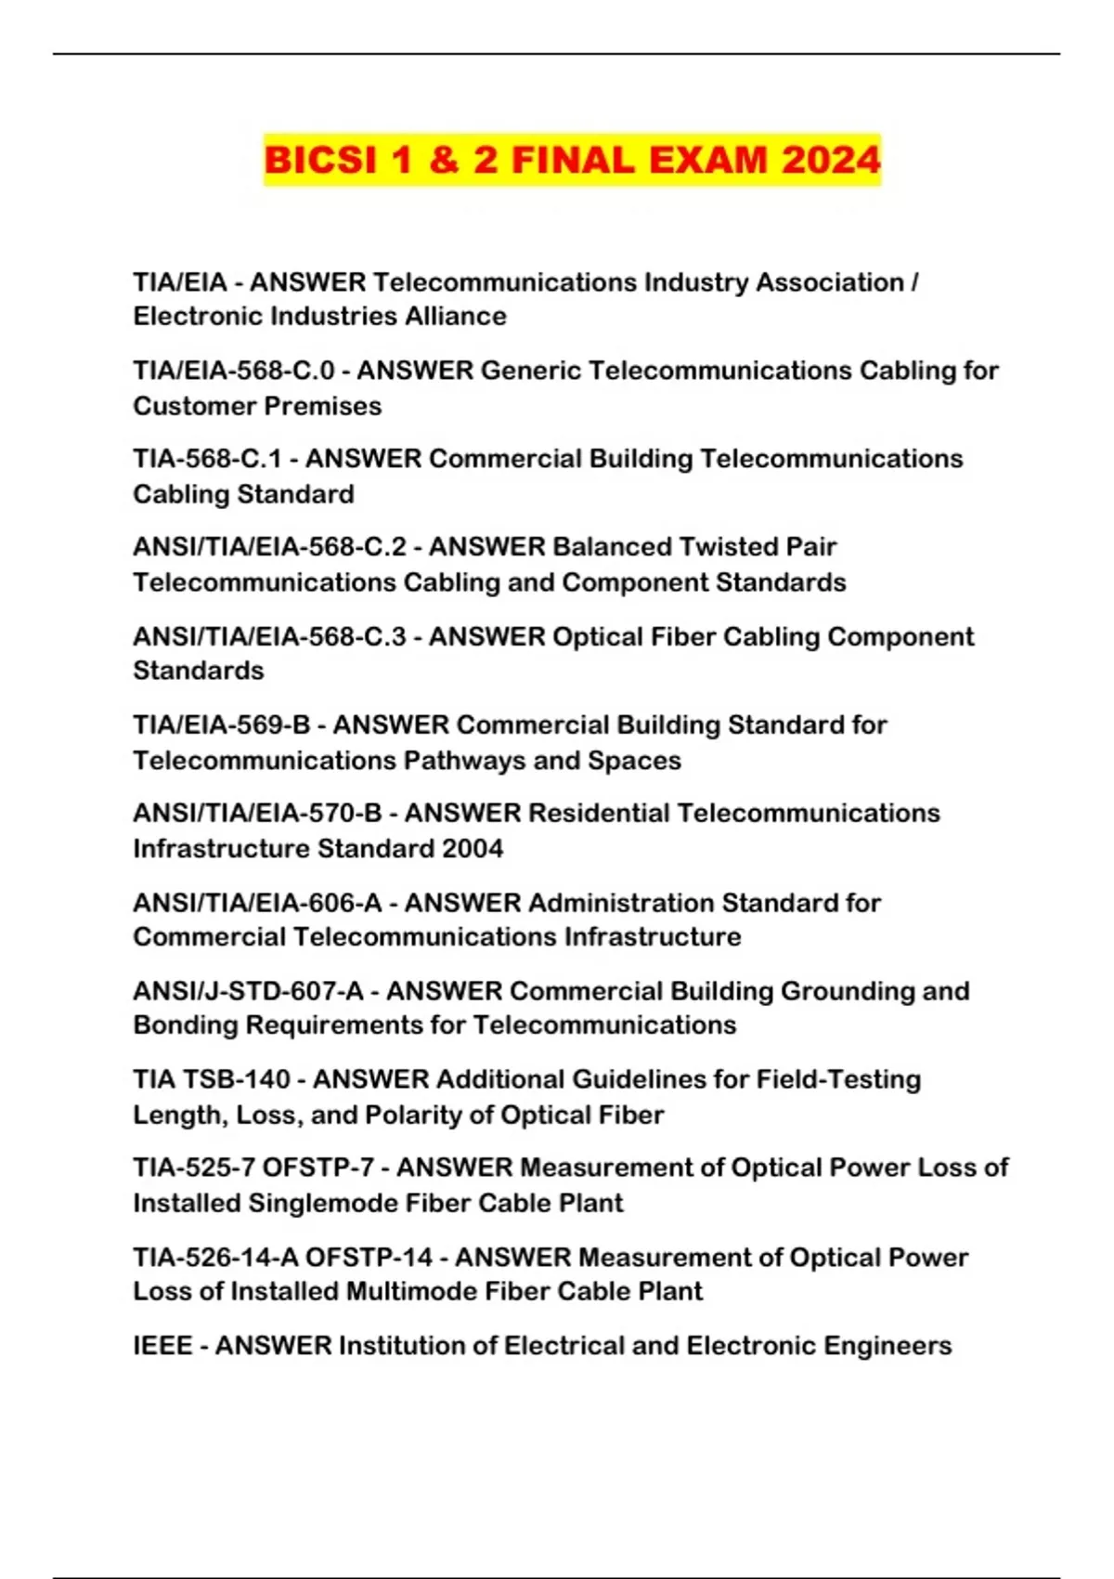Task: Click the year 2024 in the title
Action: click(830, 160)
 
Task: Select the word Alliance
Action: click(454, 316)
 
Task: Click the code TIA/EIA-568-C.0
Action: click(233, 371)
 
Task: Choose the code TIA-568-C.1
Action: click(207, 459)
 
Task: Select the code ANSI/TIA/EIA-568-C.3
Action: click(269, 636)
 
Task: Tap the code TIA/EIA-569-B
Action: click(221, 724)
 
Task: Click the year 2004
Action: click(473, 848)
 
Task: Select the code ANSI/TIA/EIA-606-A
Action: click(257, 902)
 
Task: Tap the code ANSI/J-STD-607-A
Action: click(248, 991)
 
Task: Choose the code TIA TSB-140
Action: click(212, 1079)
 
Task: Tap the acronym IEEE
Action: click(162, 1346)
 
